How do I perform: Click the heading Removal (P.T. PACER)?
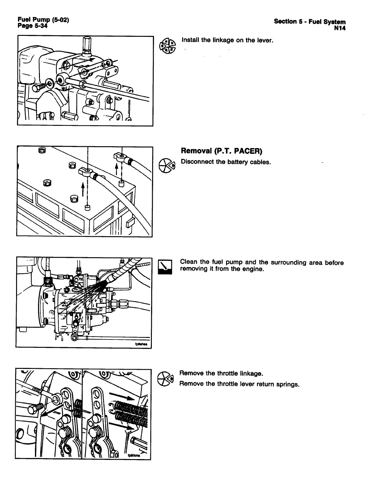pos(221,151)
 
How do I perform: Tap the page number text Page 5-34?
pos(33,26)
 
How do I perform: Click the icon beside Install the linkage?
pos(167,45)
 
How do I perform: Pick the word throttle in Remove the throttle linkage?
pos(215,373)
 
